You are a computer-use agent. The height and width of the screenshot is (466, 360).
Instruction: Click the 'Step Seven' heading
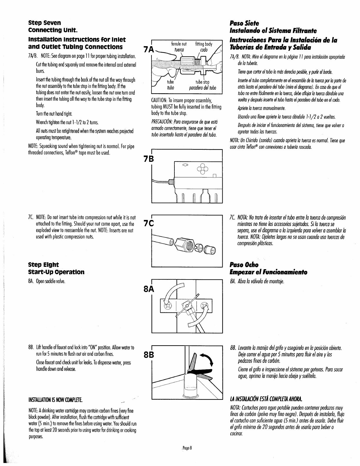44,23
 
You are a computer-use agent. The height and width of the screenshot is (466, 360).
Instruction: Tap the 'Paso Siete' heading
244,23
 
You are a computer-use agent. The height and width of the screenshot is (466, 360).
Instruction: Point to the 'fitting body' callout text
204,44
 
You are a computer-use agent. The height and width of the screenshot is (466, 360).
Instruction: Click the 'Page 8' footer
187,456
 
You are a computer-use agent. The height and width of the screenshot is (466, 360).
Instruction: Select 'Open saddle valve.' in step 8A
50,281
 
